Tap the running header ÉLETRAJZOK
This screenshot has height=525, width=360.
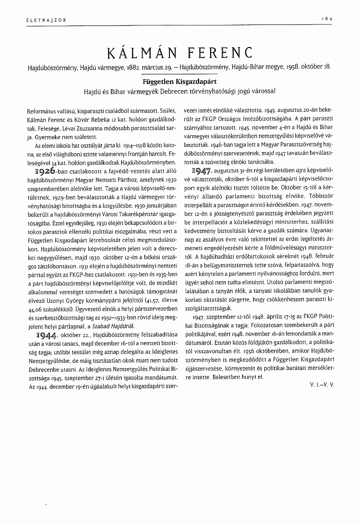click(41, 19)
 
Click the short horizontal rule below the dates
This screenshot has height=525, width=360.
click(180, 73)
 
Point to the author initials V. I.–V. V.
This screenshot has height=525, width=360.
click(322, 385)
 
